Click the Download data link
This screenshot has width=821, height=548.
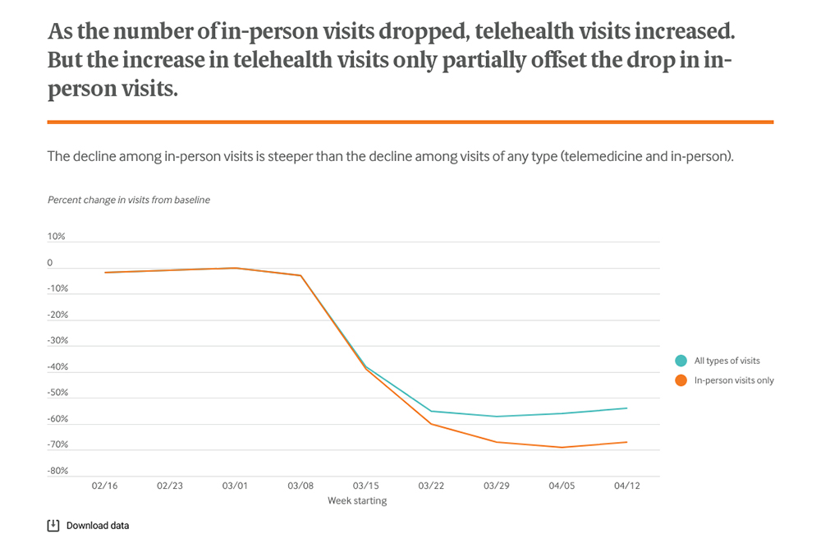click(x=98, y=526)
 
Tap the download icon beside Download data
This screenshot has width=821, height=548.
click(x=53, y=526)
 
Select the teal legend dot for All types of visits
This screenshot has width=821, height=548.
click(x=681, y=361)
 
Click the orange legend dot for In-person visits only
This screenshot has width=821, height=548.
click(x=681, y=380)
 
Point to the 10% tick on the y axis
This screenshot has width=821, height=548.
click(x=56, y=237)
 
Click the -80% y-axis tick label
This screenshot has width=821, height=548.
click(x=57, y=471)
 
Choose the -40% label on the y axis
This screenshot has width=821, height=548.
click(x=57, y=367)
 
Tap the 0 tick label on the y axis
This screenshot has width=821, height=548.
click(x=50, y=263)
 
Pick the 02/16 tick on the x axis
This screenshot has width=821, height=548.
click(x=104, y=486)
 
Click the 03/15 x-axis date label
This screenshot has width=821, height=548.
click(x=365, y=486)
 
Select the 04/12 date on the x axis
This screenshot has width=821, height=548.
click(x=627, y=486)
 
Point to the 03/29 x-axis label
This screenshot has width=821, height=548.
click(x=496, y=486)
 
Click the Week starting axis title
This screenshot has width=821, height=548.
click(x=357, y=500)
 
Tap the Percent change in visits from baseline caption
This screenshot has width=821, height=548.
click(x=129, y=200)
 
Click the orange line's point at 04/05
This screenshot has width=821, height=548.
click(x=562, y=447)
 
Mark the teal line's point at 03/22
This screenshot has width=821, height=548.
click(x=431, y=411)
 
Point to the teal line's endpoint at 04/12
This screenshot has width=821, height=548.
click(x=627, y=408)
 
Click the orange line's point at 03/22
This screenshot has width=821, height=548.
click(x=431, y=424)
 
